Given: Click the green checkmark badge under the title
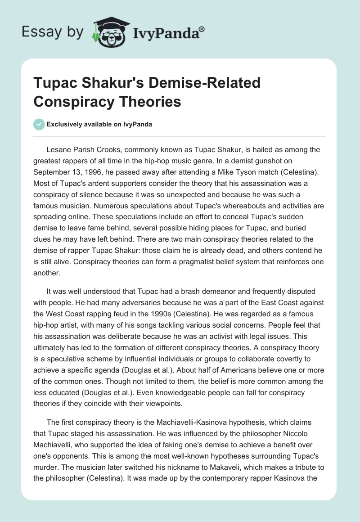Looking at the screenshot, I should click(39, 124).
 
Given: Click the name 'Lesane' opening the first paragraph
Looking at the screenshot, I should click(59, 150).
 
